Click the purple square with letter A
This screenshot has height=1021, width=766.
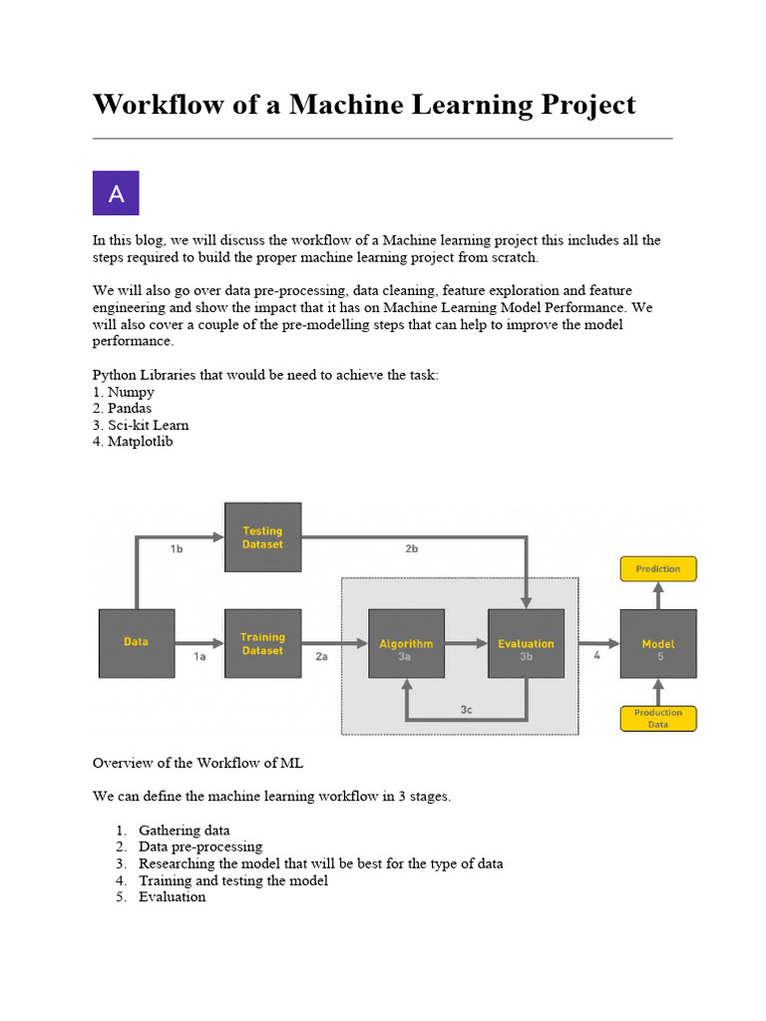click(x=116, y=193)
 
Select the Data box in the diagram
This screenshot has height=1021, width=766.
click(x=137, y=643)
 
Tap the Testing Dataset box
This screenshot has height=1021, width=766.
click(x=262, y=537)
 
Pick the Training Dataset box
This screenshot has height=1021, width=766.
click(x=262, y=643)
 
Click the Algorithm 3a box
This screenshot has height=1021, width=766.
click(x=406, y=644)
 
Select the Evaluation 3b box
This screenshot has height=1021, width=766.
click(x=526, y=644)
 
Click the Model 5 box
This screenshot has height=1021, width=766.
click(x=658, y=644)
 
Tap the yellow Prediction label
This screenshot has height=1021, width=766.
click(x=658, y=569)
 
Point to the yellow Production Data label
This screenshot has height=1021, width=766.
click(x=658, y=719)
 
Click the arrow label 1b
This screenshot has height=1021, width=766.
click(x=177, y=549)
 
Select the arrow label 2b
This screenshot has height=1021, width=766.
click(x=411, y=549)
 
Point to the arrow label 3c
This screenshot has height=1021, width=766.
click(x=466, y=709)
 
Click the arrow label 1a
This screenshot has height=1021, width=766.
click(x=198, y=656)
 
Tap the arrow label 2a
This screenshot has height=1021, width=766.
click(x=321, y=656)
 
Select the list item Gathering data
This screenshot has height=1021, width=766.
click(x=184, y=830)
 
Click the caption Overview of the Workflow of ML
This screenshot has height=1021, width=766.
click(x=197, y=763)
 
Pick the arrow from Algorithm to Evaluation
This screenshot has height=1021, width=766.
click(x=466, y=644)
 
